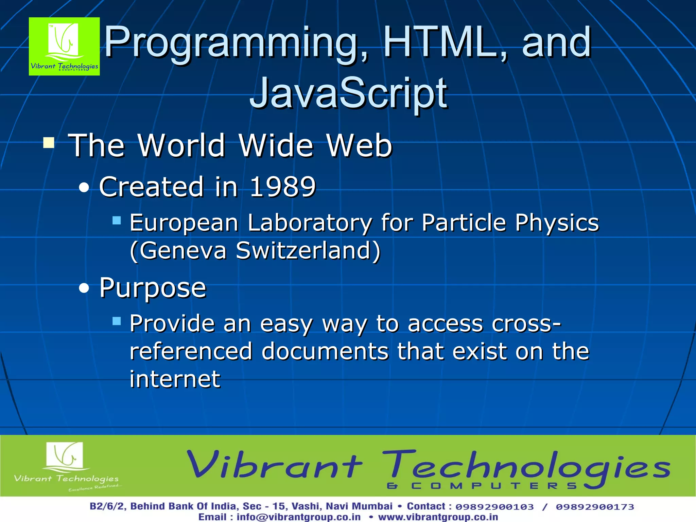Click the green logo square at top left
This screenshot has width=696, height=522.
64,46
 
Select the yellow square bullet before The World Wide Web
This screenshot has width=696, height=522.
49,143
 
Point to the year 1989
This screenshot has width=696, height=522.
283,187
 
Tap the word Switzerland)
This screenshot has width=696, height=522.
308,250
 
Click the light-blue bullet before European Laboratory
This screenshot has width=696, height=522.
117,221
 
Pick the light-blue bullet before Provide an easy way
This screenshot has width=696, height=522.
117,321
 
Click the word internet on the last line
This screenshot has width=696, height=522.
175,379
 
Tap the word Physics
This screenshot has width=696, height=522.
557,223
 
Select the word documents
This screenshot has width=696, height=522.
325,351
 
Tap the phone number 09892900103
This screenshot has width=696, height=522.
494,507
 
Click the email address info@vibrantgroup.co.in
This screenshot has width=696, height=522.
298,517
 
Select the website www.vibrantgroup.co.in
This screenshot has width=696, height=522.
438,517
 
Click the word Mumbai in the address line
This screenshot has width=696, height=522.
372,506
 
